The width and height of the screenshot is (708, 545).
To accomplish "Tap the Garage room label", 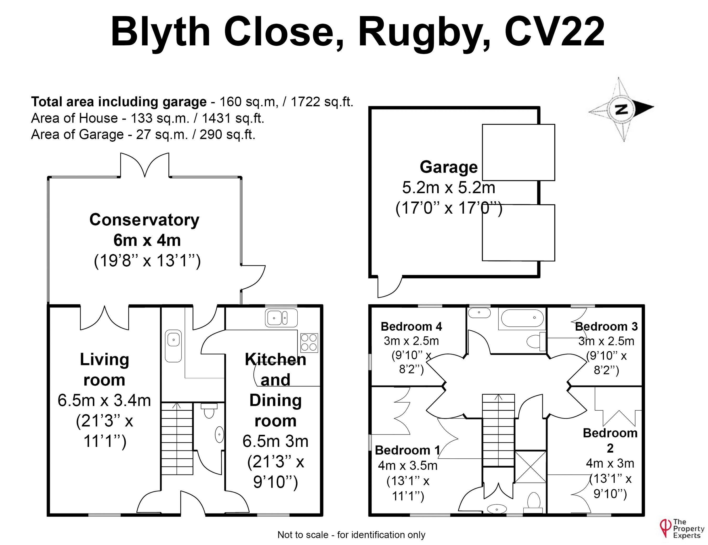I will pyautogui.click(x=448, y=167).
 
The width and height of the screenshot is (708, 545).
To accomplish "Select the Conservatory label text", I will pyautogui.click(x=144, y=220).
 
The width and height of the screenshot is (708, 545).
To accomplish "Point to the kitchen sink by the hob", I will pyautogui.click(x=281, y=318).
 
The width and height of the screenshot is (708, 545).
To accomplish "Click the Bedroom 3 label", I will pyautogui.click(x=606, y=326).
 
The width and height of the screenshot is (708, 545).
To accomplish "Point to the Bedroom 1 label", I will pyautogui.click(x=407, y=450).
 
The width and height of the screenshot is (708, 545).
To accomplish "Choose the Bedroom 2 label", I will pyautogui.click(x=610, y=440).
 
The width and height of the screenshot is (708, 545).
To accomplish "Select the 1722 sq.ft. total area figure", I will pyautogui.click(x=321, y=102).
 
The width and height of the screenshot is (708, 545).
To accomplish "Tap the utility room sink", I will pyautogui.click(x=173, y=346).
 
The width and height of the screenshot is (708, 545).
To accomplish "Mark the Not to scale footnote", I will pyautogui.click(x=351, y=535).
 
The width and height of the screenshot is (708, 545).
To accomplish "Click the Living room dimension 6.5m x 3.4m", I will pyautogui.click(x=104, y=400).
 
